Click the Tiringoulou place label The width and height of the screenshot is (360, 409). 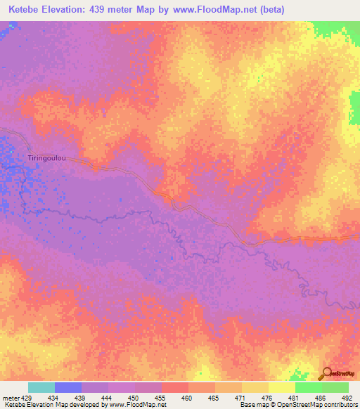pos(47,159)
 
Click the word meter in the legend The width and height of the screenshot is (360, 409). pos(11,398)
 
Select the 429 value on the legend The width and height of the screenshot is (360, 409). pos(28,398)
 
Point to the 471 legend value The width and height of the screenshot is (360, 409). pos(240,398)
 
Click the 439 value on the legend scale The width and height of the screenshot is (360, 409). pos(82,398)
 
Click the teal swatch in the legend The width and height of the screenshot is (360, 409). pos(41,387)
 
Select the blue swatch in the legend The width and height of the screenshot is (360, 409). pos(68,387)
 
